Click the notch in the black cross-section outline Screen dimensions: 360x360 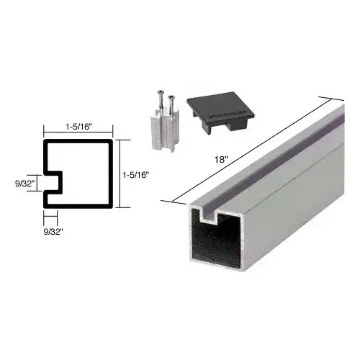click(53, 184)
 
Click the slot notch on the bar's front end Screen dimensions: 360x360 click(208, 214)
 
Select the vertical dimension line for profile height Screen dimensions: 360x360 click(118, 173)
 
